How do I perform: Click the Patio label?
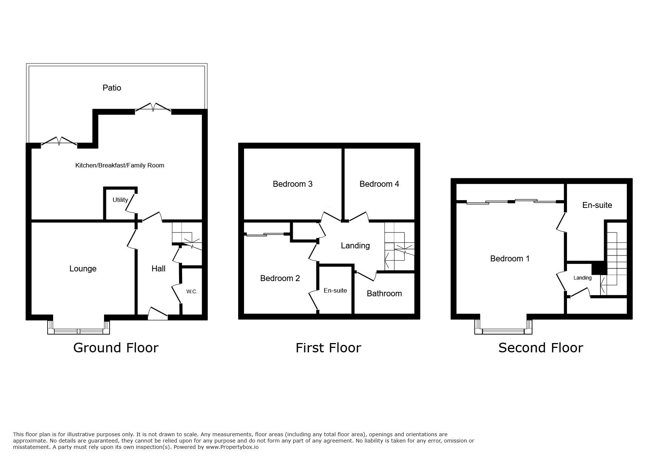pos(112,88)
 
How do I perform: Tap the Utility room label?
pos(120,200)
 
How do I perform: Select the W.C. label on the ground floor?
pos(192,291)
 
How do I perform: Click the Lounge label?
pos(83,269)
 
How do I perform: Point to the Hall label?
pos(158,268)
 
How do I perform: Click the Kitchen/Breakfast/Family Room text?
pos(120,165)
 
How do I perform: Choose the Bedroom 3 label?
pos(292,184)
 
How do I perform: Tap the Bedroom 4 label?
pos(379,184)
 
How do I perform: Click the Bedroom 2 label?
pos(280,278)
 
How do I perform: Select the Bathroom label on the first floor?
pos(384,294)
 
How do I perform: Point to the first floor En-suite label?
pos(335,290)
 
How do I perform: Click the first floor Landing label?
pos(355,246)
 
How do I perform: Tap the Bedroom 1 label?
pos(510,258)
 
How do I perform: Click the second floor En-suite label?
pos(597,205)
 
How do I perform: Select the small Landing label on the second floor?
pos(582,278)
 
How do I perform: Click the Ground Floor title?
pos(116,348)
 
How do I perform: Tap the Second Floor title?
pos(541,348)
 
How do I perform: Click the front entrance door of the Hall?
pos(158,314)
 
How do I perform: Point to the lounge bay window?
pos(78,327)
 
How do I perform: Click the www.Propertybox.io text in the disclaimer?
pos(232,447)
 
